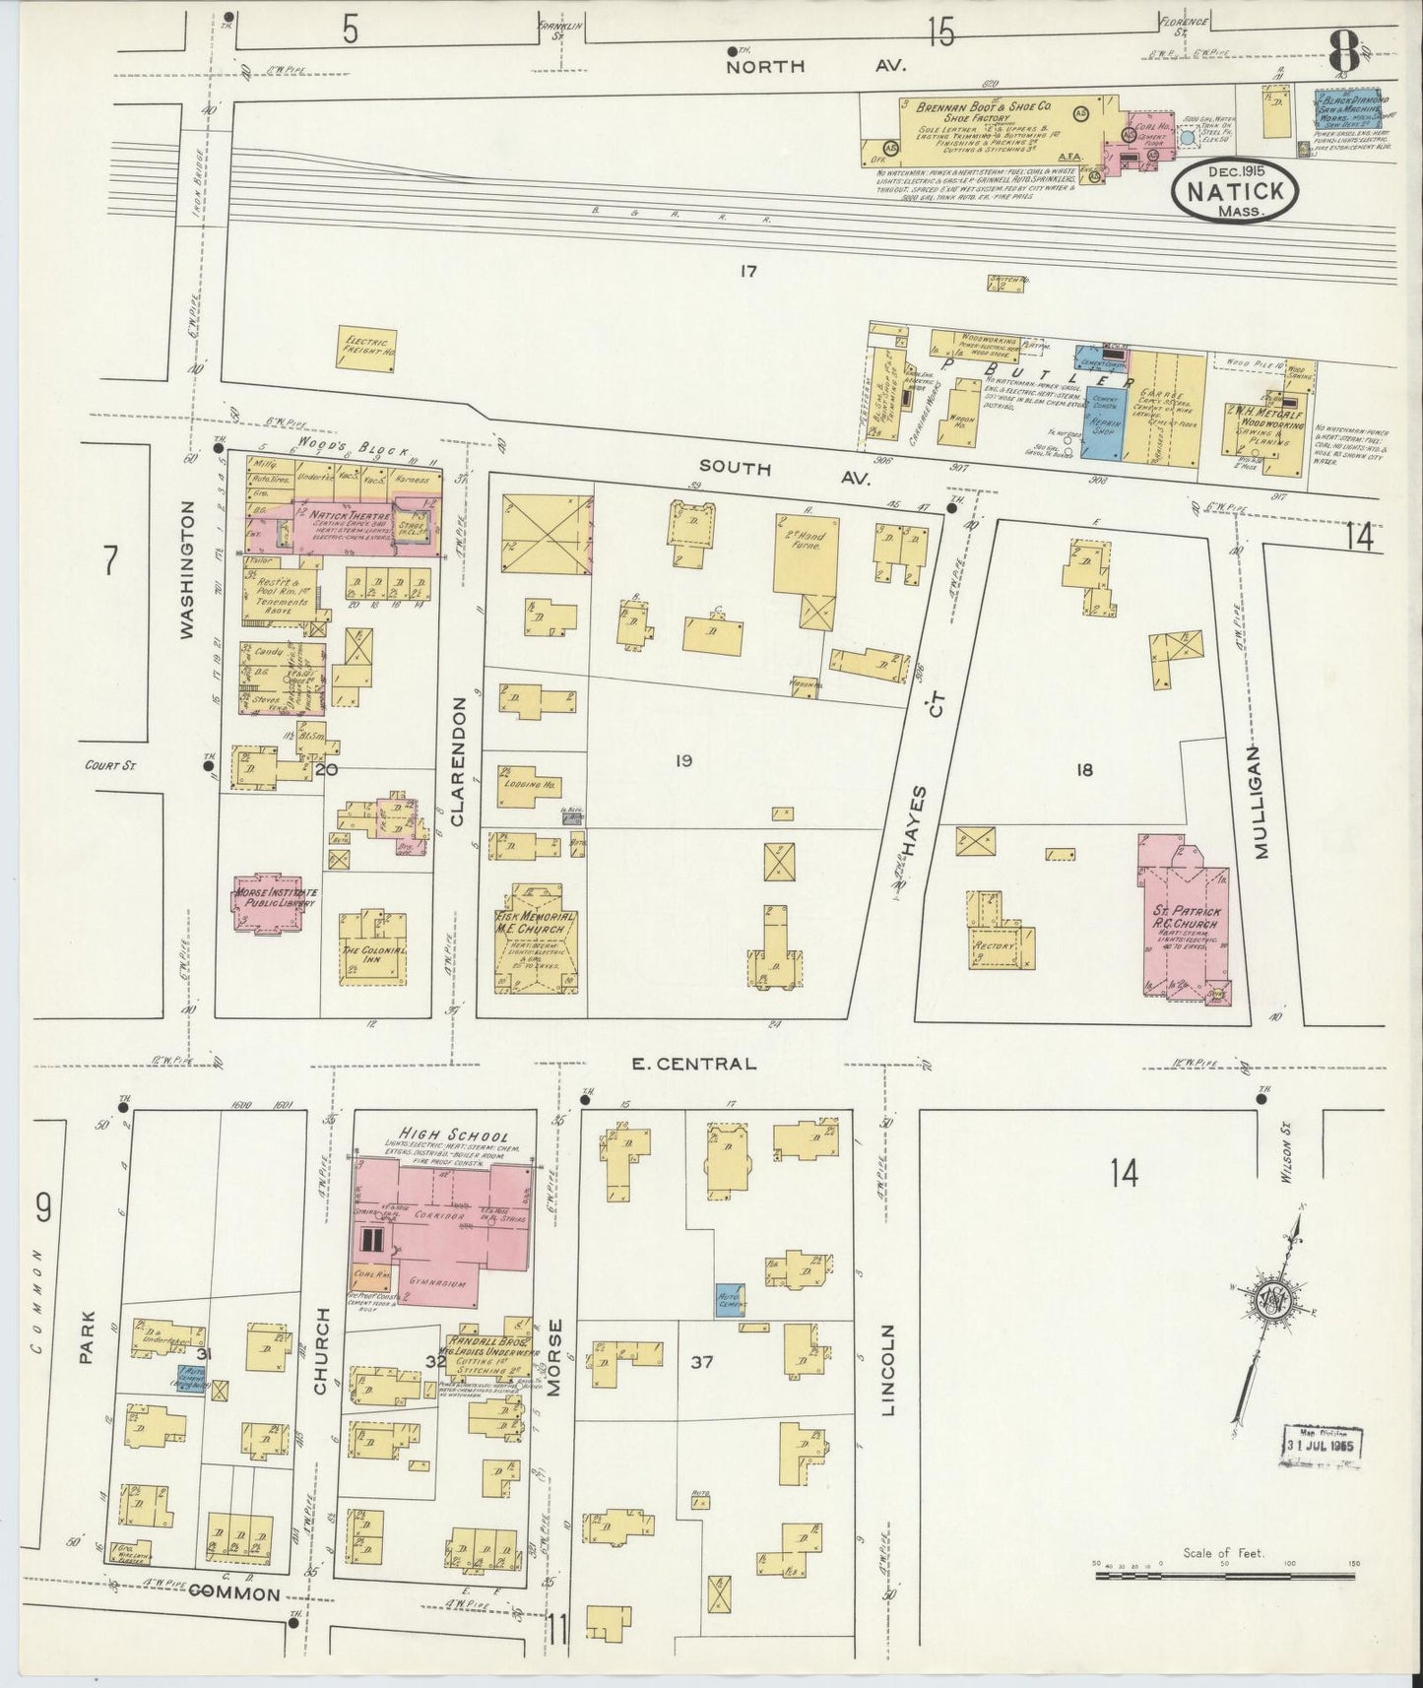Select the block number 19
tap(683, 760)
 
